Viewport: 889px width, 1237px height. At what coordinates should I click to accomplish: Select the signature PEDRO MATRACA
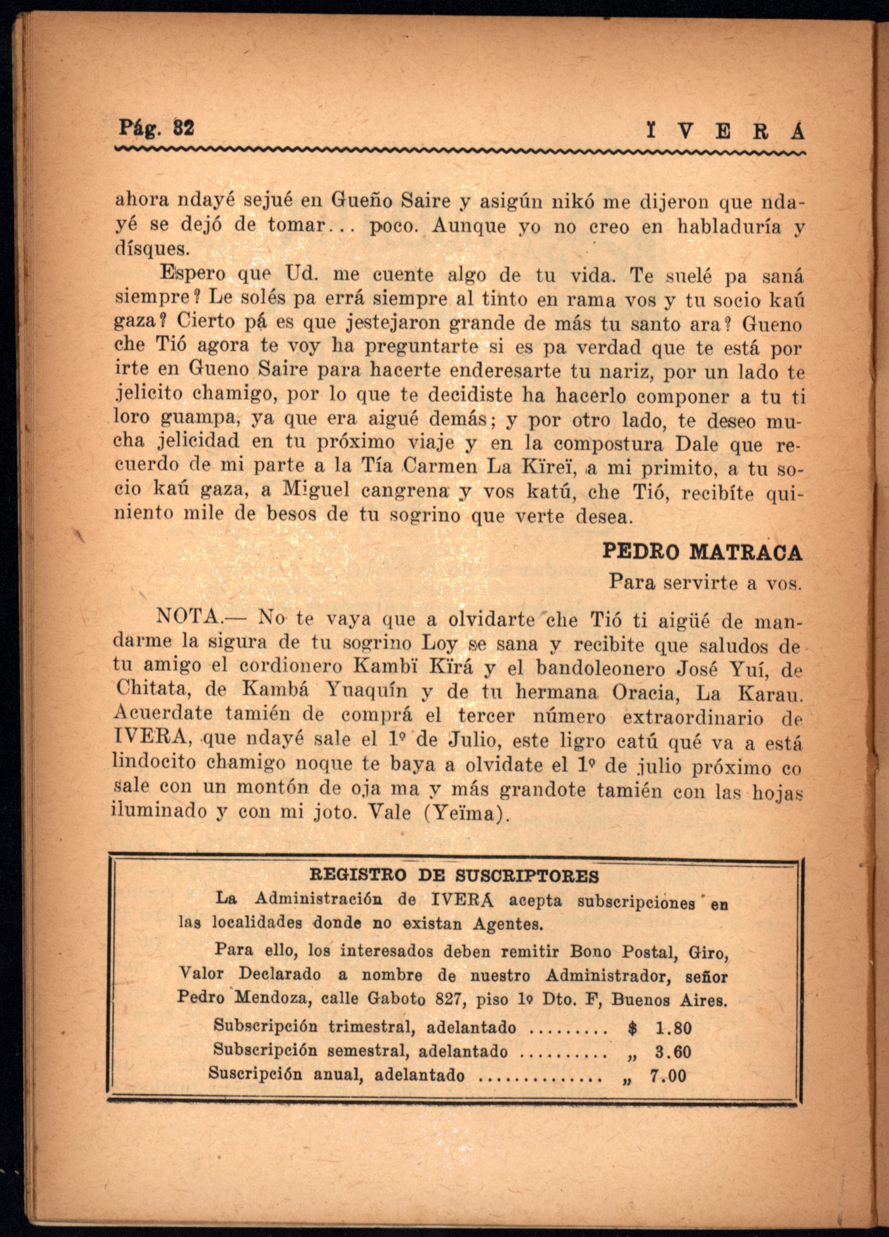[x=702, y=552]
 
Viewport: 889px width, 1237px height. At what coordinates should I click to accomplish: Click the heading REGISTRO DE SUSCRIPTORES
[x=454, y=876]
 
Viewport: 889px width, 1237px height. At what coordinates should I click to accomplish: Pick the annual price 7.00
[x=668, y=1075]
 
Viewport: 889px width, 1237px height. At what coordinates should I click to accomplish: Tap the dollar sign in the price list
[x=632, y=1029]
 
